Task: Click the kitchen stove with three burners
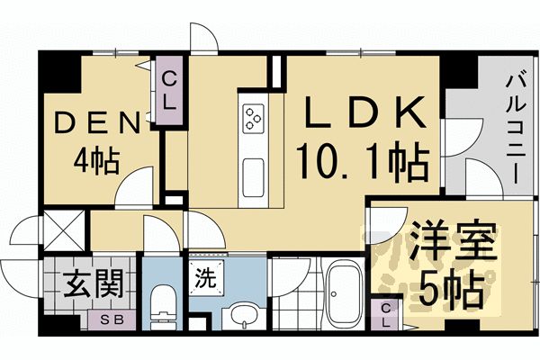(x=253, y=117)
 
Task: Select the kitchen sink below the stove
(x=253, y=171)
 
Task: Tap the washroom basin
(x=239, y=316)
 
